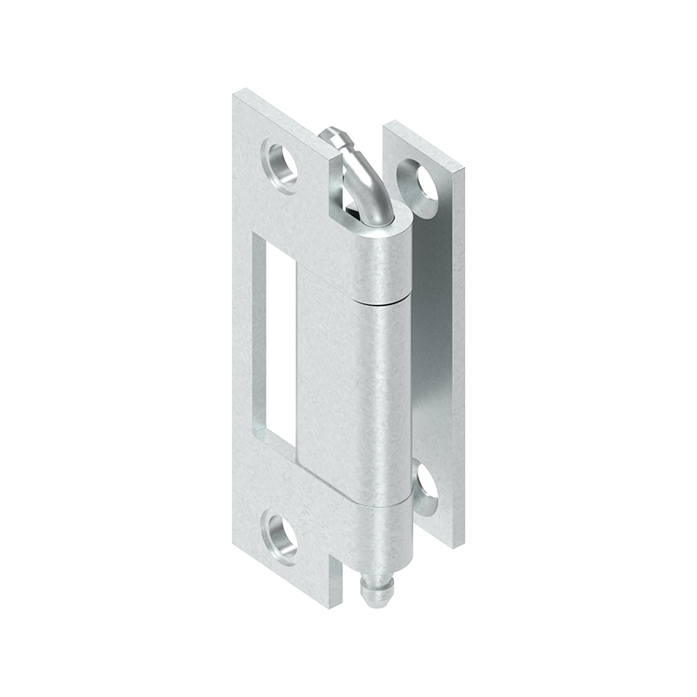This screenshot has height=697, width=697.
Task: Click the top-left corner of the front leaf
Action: point(236,92)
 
